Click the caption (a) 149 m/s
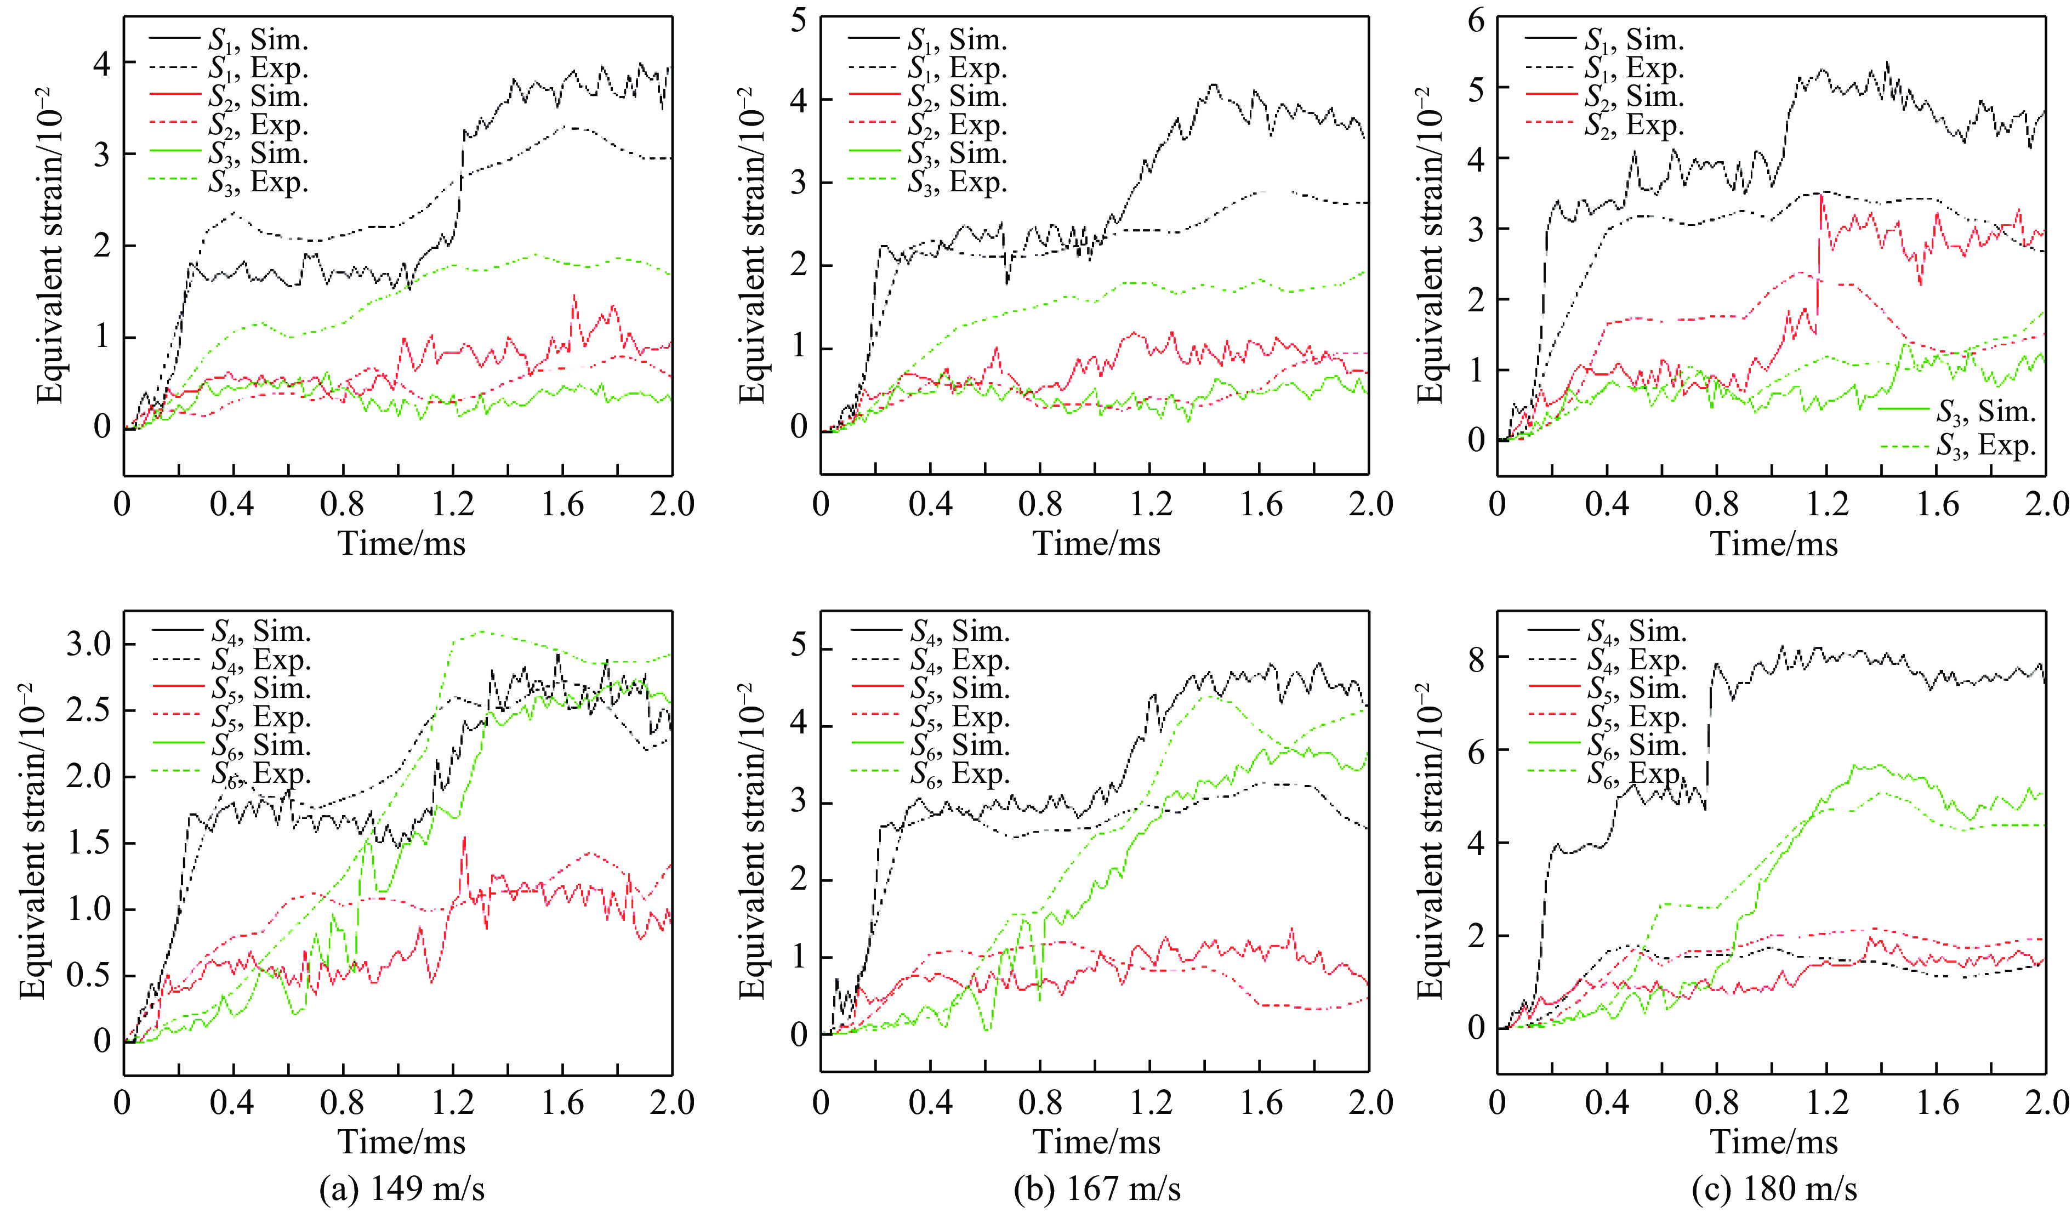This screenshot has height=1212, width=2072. (x=402, y=1188)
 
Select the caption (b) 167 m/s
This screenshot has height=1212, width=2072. (x=1097, y=1188)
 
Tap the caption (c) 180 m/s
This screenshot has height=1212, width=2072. (x=1774, y=1188)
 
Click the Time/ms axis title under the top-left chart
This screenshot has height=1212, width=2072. (x=402, y=544)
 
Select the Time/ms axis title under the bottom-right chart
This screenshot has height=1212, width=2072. (x=1774, y=1142)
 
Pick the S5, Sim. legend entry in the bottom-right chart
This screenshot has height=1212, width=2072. (x=1636, y=688)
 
